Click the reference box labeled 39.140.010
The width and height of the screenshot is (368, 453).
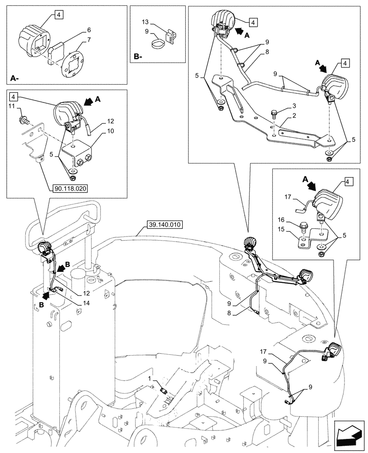[x=164, y=224]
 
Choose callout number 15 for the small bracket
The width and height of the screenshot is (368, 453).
[x=281, y=230]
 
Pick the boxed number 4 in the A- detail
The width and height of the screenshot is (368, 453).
[x=59, y=14]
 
